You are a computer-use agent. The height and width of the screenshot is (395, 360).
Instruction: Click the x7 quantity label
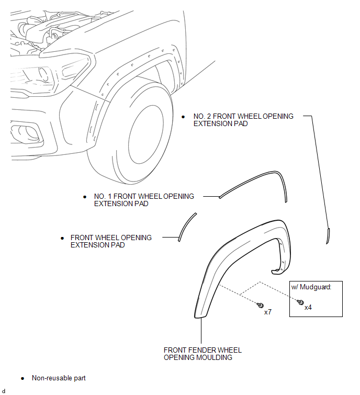pos(267,312)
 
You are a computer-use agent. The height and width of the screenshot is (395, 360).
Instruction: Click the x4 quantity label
pos(308,308)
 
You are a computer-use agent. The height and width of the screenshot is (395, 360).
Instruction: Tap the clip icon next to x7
pos(261,304)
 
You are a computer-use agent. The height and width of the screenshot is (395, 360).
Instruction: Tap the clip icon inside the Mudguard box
pos(301,302)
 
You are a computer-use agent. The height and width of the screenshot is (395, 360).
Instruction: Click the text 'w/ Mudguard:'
pos(312,286)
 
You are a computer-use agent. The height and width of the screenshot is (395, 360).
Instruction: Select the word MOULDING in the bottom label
pos(213,358)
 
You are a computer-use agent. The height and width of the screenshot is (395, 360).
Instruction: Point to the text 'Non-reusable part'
pos(59,378)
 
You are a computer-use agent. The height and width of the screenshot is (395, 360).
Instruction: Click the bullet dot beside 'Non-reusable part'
pos(22,378)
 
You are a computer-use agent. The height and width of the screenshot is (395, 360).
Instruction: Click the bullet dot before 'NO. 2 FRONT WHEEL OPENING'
pos(183,116)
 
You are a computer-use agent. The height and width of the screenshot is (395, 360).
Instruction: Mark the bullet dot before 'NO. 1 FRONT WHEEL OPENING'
pos(85,196)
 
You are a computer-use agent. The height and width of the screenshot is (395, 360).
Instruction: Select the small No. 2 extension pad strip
pos(329,235)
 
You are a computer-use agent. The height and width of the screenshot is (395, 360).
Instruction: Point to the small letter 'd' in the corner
pos(4,391)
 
